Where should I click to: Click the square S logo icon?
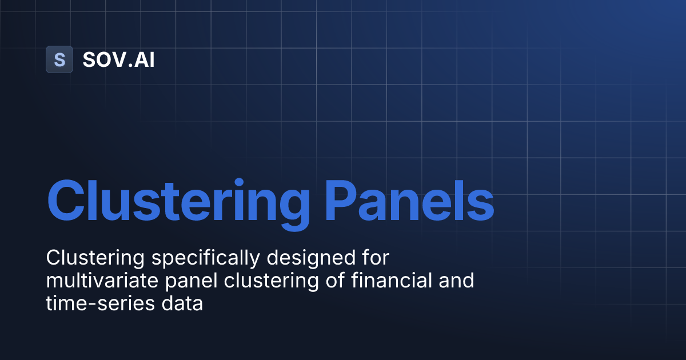59,59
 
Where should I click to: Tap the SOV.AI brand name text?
118,59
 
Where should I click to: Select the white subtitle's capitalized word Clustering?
95,258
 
